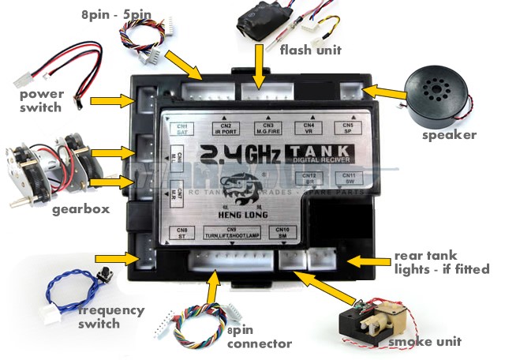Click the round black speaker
[435, 96]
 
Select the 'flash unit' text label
[311, 51]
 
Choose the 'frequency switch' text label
[111, 317]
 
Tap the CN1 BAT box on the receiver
[182, 129]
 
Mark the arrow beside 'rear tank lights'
[367, 261]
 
